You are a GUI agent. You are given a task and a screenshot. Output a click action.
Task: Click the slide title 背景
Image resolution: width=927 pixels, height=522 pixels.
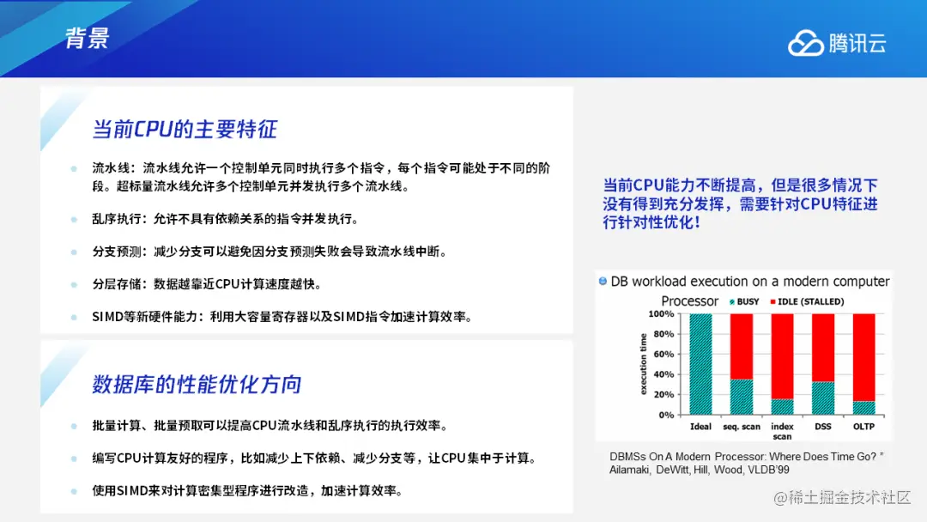pos(88,39)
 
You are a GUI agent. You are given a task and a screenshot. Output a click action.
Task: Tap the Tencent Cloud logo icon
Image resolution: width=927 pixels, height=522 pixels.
pos(805,43)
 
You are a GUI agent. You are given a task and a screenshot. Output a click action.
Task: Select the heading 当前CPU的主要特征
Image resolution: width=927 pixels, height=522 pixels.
pos(185,129)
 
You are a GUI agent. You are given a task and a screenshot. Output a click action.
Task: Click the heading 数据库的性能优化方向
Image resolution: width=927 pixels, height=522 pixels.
pos(197,385)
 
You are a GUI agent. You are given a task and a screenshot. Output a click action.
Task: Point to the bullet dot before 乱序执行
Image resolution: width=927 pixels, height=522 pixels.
pos(74,219)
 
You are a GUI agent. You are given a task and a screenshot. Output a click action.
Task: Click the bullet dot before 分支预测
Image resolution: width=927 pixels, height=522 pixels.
pos(74,252)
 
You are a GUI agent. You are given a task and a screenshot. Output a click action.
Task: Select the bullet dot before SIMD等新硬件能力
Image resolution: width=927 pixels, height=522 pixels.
pos(74,318)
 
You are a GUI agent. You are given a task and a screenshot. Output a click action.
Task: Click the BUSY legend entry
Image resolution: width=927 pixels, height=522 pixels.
pos(744,301)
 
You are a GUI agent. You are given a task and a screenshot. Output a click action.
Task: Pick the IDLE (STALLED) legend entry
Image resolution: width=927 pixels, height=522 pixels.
pos(807,301)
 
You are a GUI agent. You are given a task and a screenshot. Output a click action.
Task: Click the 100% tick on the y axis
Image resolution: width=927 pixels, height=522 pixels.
pos(661,314)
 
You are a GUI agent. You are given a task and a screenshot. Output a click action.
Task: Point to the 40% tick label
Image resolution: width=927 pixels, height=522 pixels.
pos(663,374)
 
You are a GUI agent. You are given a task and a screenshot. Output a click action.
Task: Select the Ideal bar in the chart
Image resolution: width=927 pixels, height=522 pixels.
pos(700,364)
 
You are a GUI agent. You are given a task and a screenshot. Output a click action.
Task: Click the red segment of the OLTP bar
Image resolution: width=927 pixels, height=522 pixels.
pos(863,358)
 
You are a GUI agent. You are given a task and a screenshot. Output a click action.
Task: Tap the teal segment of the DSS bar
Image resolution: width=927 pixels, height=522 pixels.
pos(823,398)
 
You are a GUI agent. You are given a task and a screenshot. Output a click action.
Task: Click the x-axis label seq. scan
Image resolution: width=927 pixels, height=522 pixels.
pos(742,426)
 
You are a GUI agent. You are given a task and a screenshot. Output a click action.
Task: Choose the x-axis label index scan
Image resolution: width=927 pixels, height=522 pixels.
pos(782,431)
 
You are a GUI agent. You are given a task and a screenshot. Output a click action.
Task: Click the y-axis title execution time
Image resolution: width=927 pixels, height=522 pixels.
pos(643,364)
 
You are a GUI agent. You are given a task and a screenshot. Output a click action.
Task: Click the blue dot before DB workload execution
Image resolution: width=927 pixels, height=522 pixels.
pos(603,281)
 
